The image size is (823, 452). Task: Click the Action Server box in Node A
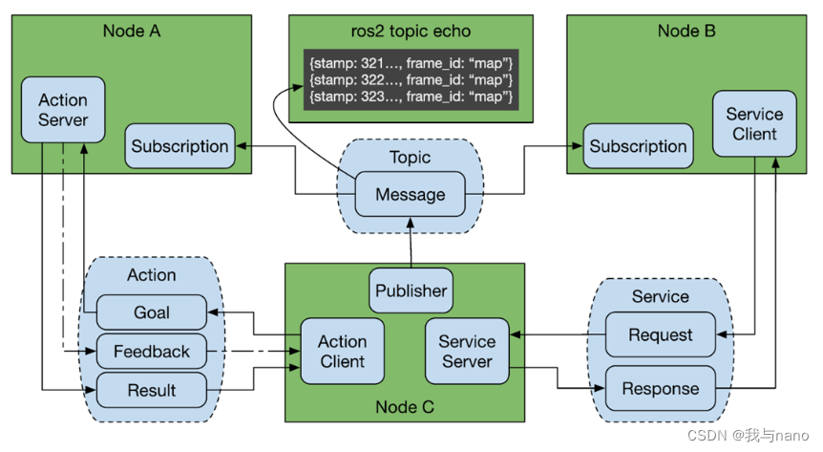(x=63, y=110)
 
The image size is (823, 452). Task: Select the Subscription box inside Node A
(x=179, y=146)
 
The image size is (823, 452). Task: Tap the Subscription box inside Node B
(x=638, y=146)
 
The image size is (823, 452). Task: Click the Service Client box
(x=754, y=123)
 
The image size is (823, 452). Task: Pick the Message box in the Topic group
(x=410, y=194)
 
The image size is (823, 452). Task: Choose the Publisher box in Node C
(x=411, y=291)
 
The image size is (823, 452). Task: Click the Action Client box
(x=342, y=351)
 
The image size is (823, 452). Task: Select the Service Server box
(x=467, y=351)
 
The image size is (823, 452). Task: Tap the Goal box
(x=151, y=312)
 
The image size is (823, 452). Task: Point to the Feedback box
(x=151, y=352)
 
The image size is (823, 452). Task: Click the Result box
(x=151, y=390)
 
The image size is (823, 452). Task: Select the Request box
(x=661, y=334)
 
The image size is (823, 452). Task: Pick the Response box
(x=661, y=389)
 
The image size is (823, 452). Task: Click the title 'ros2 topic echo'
(x=411, y=31)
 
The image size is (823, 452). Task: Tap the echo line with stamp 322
(x=411, y=77)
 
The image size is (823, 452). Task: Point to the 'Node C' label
(x=406, y=407)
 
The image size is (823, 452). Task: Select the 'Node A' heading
(x=131, y=31)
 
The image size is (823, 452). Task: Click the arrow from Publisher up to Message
(x=411, y=244)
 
